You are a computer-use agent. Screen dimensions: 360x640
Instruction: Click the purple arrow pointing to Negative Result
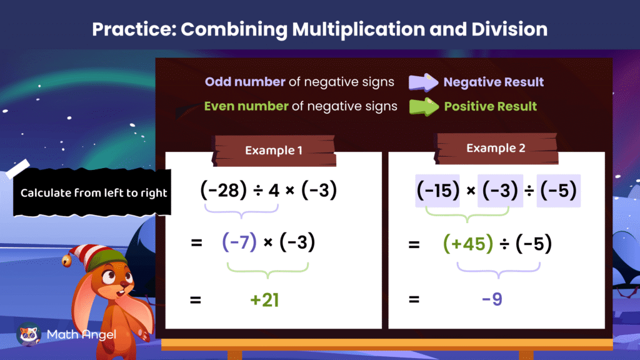click(424, 82)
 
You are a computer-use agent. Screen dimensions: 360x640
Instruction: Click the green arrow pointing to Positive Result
click(424, 106)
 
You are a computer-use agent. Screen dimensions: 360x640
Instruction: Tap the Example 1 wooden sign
click(275, 151)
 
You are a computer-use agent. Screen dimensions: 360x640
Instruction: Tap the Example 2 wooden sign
click(496, 149)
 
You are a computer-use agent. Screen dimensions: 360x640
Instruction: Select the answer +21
click(264, 300)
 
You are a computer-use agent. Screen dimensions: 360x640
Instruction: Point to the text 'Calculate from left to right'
click(94, 192)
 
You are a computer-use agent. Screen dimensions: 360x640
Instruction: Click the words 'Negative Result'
click(493, 82)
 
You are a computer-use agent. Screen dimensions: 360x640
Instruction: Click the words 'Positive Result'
click(490, 106)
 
